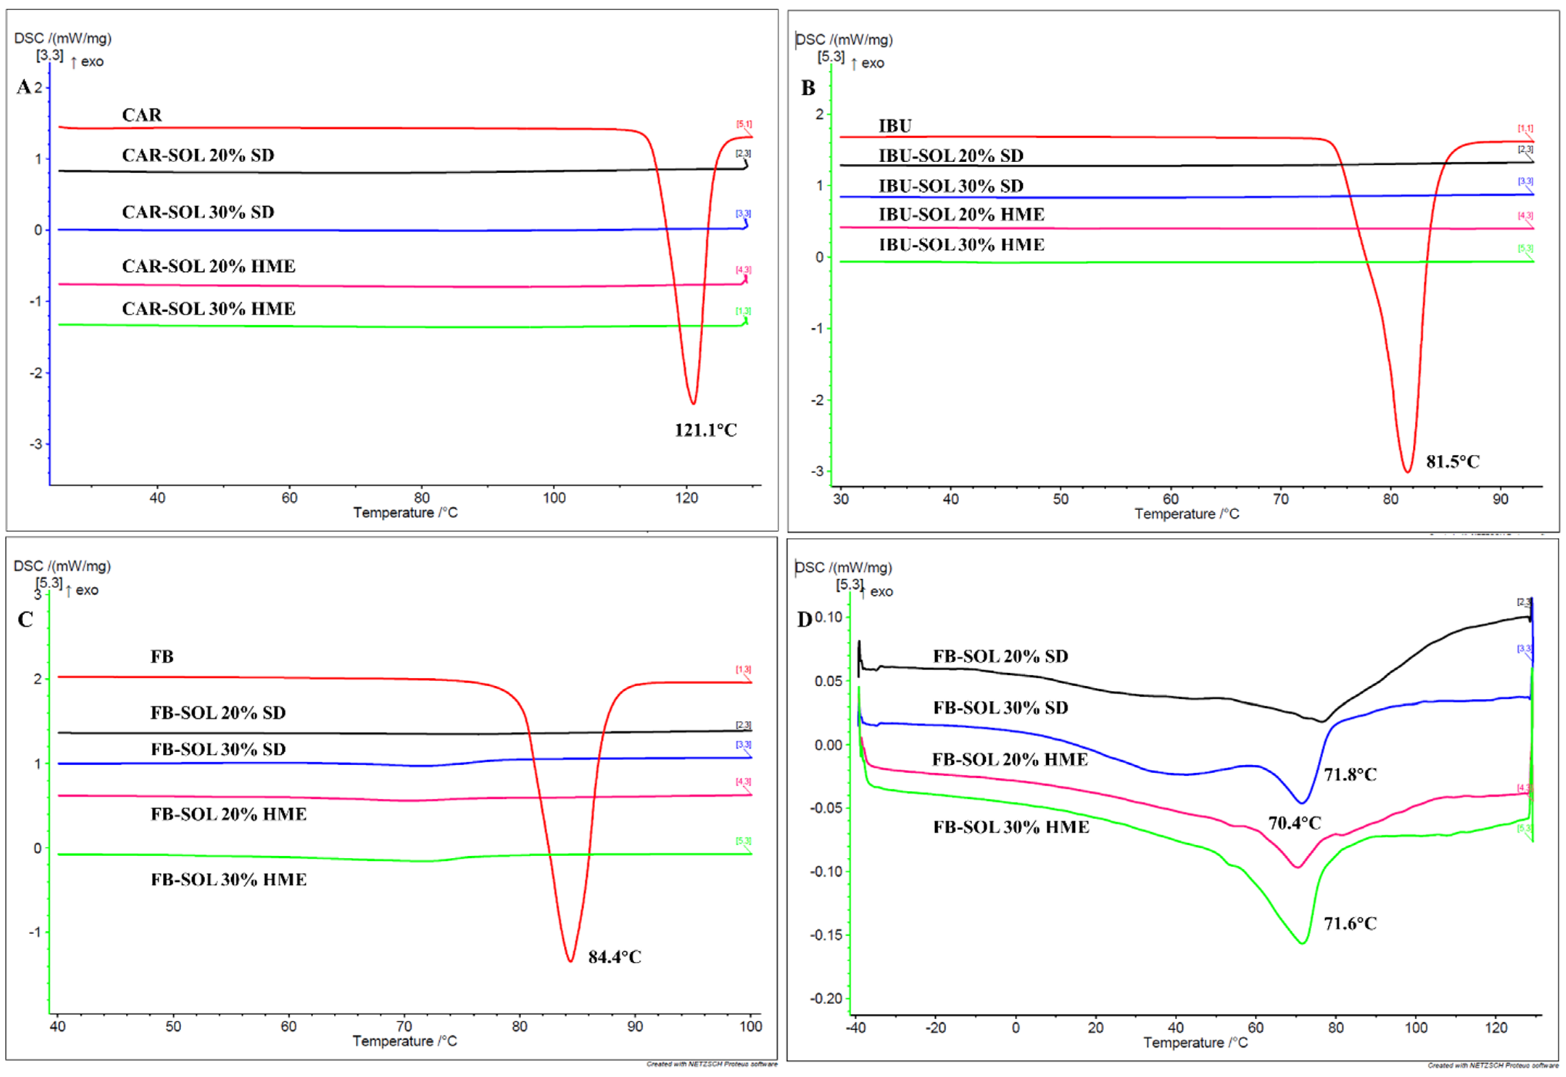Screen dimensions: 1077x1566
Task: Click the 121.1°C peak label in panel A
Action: [705, 430]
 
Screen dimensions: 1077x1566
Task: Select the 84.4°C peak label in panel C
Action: [614, 957]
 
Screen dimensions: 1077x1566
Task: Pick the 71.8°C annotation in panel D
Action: [1350, 775]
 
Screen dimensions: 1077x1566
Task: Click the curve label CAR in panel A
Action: [142, 115]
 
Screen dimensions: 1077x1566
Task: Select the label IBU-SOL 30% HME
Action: [961, 245]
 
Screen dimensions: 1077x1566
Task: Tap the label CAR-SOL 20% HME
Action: [208, 267]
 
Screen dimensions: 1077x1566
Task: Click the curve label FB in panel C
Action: [162, 657]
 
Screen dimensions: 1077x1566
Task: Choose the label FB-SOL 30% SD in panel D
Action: [1000, 708]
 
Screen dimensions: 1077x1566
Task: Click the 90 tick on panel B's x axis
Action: [1500, 499]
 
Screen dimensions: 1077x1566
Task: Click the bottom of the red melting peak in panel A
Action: [692, 403]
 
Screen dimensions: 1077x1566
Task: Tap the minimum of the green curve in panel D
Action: [1302, 943]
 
